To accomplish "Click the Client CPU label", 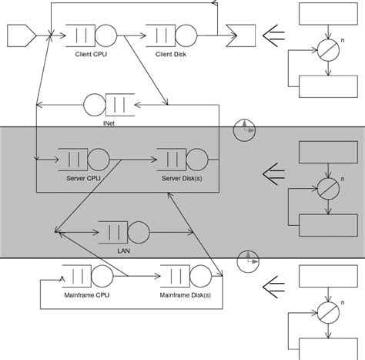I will click(x=92, y=54).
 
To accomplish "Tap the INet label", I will click(x=109, y=122).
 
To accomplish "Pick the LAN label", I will click(x=122, y=251).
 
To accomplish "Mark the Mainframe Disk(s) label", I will click(x=186, y=295).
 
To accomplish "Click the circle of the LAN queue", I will click(x=139, y=231).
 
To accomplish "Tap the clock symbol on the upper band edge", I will click(x=243, y=129).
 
